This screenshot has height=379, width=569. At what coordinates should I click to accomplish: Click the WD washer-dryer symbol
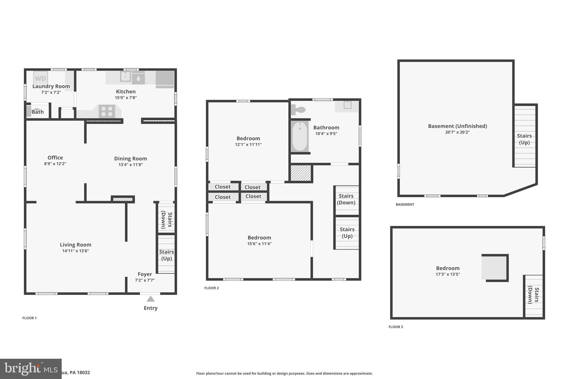point(41,78)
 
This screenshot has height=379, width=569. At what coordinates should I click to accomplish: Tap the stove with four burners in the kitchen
point(107,111)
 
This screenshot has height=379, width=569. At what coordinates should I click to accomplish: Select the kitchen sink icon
point(125,76)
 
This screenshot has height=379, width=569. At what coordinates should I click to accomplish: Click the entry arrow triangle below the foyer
point(151,299)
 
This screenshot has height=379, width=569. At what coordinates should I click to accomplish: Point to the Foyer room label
point(145,274)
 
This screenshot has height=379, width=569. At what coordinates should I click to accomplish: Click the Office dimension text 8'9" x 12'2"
point(55,164)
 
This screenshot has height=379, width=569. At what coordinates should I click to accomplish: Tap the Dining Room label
point(131,159)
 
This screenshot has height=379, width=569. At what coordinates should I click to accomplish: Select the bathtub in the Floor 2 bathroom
point(300,136)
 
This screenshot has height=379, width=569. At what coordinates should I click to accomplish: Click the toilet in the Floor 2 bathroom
point(298,110)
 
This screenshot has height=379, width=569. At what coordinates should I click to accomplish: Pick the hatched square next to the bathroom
point(301,173)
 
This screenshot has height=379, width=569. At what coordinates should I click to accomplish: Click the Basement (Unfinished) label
point(457,126)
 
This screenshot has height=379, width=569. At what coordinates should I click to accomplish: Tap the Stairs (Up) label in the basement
point(524,139)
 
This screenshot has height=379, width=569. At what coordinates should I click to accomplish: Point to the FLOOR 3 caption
point(396,327)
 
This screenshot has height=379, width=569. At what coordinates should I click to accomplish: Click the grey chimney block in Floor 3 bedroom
point(495,268)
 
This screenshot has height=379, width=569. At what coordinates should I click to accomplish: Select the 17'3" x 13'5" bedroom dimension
point(448,274)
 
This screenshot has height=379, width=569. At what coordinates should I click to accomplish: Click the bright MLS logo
point(31,369)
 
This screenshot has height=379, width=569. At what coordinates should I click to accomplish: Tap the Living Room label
point(76,245)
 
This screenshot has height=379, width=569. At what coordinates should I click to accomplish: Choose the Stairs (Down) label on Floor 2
point(346,199)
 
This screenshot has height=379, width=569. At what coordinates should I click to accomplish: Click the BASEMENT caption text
point(405,204)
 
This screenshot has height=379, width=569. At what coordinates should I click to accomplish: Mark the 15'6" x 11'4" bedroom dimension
point(259,244)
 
